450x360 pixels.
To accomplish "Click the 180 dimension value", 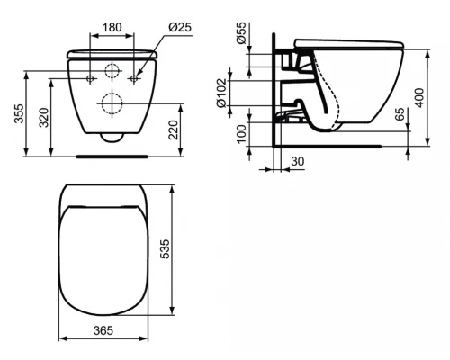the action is click(x=112, y=27).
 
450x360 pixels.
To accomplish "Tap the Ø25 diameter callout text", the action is click(x=180, y=27).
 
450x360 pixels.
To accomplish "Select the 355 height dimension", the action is click(x=19, y=113).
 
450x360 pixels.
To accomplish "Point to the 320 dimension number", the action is click(x=44, y=118).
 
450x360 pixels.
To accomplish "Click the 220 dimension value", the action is click(x=174, y=130).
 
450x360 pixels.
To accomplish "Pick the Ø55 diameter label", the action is click(x=241, y=33).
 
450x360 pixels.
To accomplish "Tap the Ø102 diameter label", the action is click(x=221, y=93).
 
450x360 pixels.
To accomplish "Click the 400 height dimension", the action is click(x=420, y=97).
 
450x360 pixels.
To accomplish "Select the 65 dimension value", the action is click(x=400, y=114).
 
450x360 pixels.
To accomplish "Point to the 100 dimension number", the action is click(x=241, y=134).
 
